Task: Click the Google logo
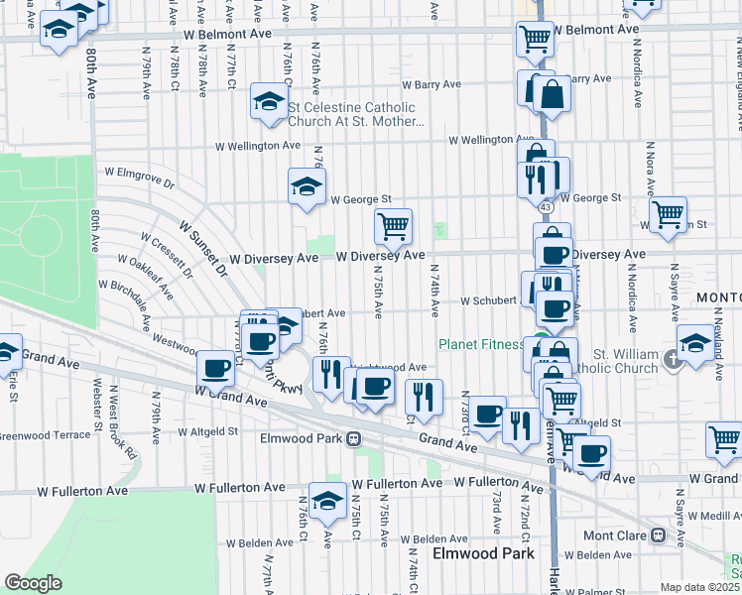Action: [x=33, y=583]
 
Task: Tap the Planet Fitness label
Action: [x=481, y=345]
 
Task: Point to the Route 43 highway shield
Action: [x=546, y=207]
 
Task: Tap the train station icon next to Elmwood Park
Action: [x=353, y=438]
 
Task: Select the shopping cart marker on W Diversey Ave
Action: [x=394, y=226]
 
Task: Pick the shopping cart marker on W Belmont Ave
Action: [x=535, y=40]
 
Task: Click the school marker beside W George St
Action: [x=307, y=184]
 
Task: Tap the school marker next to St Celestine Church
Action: [x=267, y=101]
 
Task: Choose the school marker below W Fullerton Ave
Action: [x=326, y=501]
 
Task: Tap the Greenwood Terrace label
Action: [x=45, y=434]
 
